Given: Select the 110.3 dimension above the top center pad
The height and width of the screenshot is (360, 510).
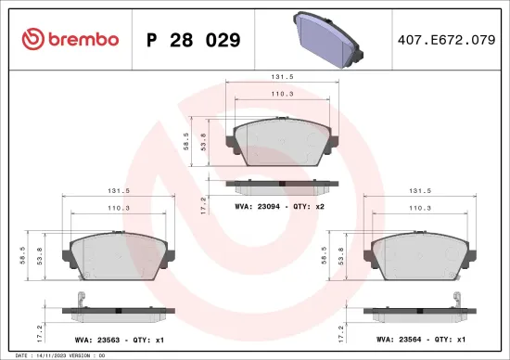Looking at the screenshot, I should pos(277,95).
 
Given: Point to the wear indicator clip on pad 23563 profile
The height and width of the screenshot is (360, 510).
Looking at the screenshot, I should pos(83,299).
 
